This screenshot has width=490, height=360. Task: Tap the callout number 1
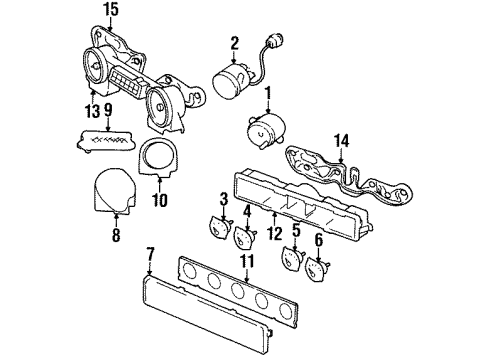click(267, 96)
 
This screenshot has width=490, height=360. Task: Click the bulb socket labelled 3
click(216, 227)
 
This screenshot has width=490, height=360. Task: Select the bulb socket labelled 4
click(241, 240)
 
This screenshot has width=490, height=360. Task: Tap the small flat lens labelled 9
click(104, 138)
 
